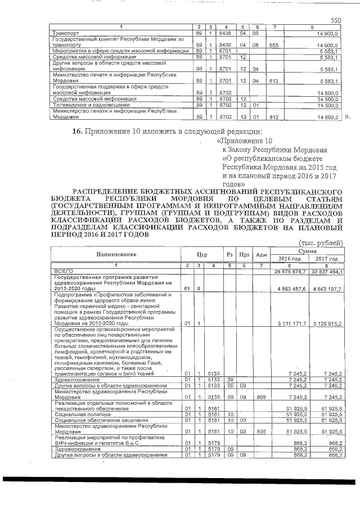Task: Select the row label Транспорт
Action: point(62,33)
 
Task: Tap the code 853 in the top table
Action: point(274,44)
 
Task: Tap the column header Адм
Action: point(261,255)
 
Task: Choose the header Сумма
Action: point(307,251)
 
